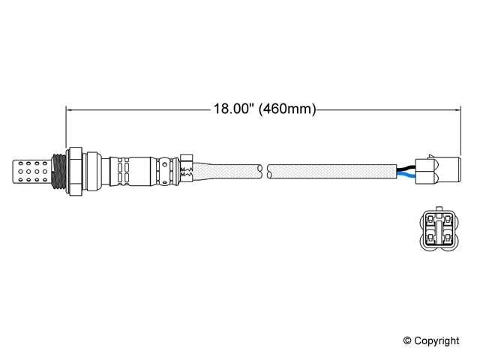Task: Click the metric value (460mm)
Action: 286,109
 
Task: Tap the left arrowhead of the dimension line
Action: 70,109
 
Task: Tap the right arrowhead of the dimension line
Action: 456,109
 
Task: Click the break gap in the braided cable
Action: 264,171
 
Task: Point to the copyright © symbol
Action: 407,341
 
